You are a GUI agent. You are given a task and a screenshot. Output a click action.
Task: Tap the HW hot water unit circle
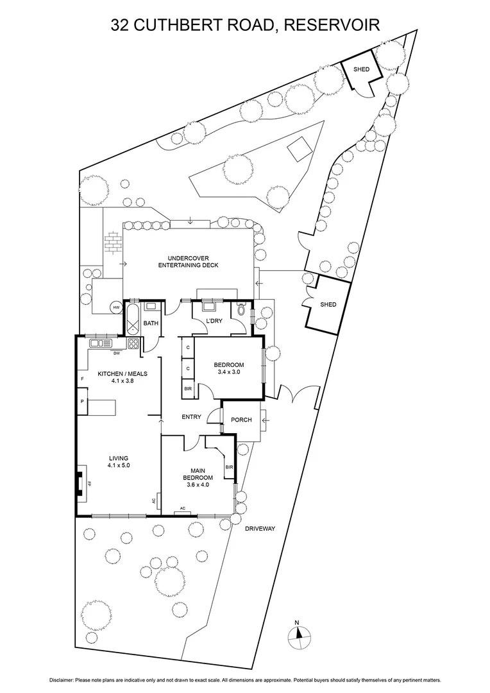pos(116,308)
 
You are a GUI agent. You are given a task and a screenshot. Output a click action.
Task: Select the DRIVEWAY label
pos(260,528)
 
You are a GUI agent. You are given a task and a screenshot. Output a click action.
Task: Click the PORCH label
pos(241,420)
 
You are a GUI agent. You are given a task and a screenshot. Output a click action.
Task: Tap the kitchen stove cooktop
pos(133,343)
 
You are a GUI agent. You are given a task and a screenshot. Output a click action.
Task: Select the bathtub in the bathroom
pos(133,319)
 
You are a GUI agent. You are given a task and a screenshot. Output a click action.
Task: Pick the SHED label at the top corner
pos(362,69)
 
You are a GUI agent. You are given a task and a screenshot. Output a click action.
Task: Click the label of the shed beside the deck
pos(328,305)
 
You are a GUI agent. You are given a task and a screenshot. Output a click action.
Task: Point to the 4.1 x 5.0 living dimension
pos(119,465)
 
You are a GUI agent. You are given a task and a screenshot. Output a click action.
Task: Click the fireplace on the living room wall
pos(79,483)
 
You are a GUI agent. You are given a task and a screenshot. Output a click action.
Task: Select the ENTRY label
pos(191,417)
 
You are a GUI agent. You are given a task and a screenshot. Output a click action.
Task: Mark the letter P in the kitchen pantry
pos(83,402)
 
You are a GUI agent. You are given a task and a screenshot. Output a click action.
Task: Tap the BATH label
pos(151,323)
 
